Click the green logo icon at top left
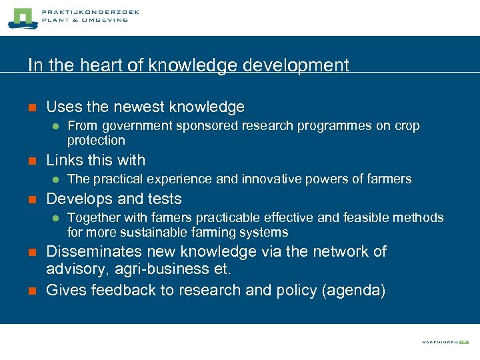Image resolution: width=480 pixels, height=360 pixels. pyautogui.click(x=21, y=18)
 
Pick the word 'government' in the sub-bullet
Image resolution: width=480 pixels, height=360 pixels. pyautogui.click(x=135, y=126)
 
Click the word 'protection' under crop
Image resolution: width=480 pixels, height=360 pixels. pyautogui.click(x=96, y=141)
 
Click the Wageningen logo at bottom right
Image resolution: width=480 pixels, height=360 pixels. pyautogui.click(x=445, y=342)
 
